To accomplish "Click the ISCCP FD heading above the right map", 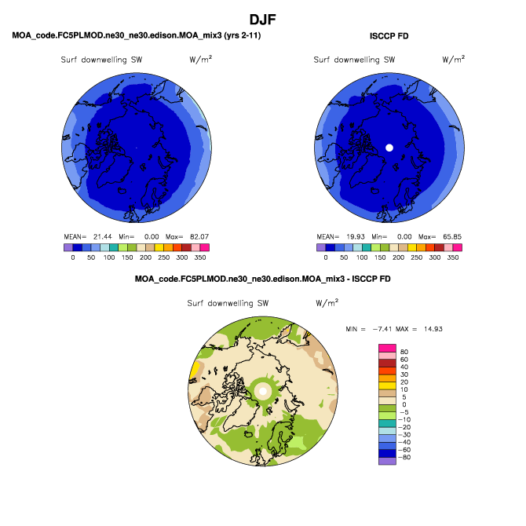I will [389, 36].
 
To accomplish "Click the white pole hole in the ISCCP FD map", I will [389, 147].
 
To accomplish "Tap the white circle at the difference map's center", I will [264, 390].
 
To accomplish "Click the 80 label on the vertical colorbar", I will [404, 352].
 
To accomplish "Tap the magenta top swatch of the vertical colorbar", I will [387, 348].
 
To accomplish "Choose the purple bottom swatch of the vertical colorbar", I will [387, 461].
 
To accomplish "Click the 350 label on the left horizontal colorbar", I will [200, 257].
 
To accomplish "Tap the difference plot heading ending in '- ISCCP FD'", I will [262, 279].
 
